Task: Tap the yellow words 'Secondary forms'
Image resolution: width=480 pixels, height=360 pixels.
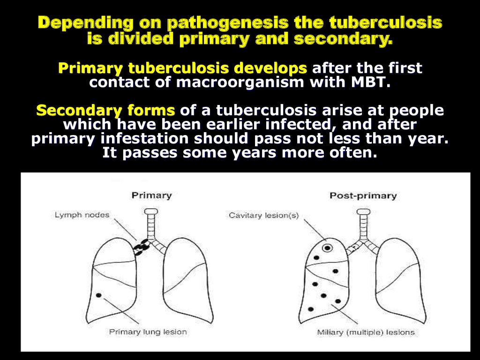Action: click(x=105, y=111)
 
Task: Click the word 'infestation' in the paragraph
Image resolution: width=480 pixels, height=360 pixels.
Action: click(x=144, y=139)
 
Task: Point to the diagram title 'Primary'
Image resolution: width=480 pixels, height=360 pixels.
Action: click(x=151, y=195)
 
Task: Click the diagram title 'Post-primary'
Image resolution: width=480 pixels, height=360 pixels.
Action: click(x=363, y=195)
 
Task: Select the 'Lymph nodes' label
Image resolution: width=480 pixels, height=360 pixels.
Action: click(x=82, y=215)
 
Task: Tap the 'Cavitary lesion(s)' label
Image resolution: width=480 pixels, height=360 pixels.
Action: click(x=263, y=216)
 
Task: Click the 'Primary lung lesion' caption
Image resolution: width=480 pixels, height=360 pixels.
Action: click(x=148, y=332)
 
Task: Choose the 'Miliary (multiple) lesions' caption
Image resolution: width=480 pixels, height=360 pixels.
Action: click(x=366, y=332)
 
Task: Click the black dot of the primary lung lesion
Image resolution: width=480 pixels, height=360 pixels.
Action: click(x=98, y=295)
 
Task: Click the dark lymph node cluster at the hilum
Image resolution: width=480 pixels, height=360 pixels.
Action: click(x=142, y=247)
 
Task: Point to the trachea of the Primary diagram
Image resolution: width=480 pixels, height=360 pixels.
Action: click(x=150, y=223)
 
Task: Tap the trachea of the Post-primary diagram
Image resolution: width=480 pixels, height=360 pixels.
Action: click(x=363, y=223)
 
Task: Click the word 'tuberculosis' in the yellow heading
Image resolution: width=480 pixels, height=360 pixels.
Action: click(x=386, y=22)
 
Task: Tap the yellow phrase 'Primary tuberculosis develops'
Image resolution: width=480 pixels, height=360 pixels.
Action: click(x=182, y=67)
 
